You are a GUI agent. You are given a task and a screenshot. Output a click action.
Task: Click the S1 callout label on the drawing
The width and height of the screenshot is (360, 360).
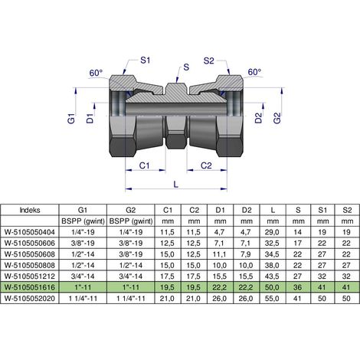(x=145, y=61)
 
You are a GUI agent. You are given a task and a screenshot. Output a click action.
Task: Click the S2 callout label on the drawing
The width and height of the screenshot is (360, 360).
(x=208, y=61)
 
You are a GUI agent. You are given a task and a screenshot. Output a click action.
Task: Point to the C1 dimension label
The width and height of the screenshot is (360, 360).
(x=144, y=165)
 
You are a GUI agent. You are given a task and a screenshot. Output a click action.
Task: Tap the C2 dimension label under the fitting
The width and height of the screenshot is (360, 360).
(x=206, y=165)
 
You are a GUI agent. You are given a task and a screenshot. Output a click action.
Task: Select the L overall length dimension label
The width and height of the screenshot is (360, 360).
(x=175, y=185)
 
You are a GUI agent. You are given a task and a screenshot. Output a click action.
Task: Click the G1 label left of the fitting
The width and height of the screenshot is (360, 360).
(x=72, y=119)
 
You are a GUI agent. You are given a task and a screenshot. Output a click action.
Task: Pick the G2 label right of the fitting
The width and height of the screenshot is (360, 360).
(x=277, y=118)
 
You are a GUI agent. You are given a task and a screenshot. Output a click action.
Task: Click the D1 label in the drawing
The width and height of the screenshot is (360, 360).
(x=90, y=119)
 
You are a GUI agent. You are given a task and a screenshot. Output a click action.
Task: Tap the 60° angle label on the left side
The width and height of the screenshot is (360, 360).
(x=96, y=73)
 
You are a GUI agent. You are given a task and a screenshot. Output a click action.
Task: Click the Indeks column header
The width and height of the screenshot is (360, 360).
(x=30, y=210)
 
